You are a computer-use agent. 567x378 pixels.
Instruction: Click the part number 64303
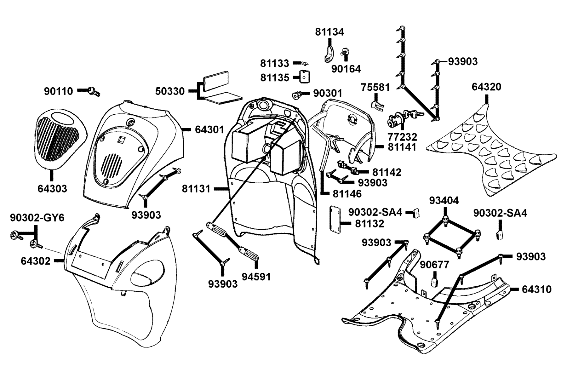pos(52,189)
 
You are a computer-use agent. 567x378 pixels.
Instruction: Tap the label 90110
pos(58,91)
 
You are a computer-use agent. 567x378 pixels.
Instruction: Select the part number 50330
pos(170,91)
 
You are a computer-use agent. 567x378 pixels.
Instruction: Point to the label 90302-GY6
pos(37,218)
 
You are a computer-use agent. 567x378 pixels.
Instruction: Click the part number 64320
pos(486,87)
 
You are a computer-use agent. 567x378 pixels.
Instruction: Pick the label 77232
pos(403,137)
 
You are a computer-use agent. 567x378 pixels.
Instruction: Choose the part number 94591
pos(256,277)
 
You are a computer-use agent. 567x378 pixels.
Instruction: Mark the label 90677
pos(434,265)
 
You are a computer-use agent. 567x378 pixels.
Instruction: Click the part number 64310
pos(537,289)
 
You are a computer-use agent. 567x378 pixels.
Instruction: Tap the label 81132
pos(370,224)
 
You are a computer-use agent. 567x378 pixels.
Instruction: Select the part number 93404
pos(444,201)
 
